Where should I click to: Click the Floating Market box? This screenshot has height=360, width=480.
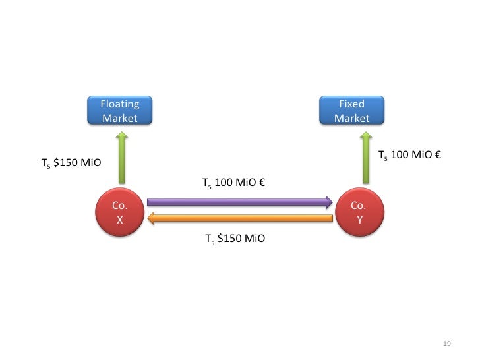[x=120, y=111]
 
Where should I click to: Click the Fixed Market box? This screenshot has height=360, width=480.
[x=351, y=111]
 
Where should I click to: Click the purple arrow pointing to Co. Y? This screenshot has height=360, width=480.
[x=237, y=202]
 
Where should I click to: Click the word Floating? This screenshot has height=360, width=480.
[x=120, y=104]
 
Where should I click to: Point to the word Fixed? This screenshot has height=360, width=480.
[x=351, y=104]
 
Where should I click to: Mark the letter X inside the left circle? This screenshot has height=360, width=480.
[x=119, y=221]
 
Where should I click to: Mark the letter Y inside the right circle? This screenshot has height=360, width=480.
[x=359, y=221]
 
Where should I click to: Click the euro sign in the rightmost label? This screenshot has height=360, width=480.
[x=437, y=156]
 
